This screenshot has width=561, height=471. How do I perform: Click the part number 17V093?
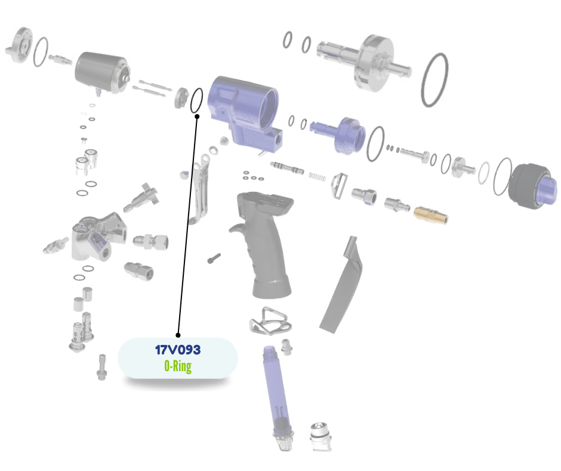pos(178,350)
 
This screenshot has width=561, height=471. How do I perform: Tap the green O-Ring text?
pos(178,366)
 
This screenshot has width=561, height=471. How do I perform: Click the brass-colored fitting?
pos(430,215)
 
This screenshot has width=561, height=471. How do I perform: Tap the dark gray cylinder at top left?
pos(102,72)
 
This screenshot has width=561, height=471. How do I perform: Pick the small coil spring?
pos(317,176)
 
